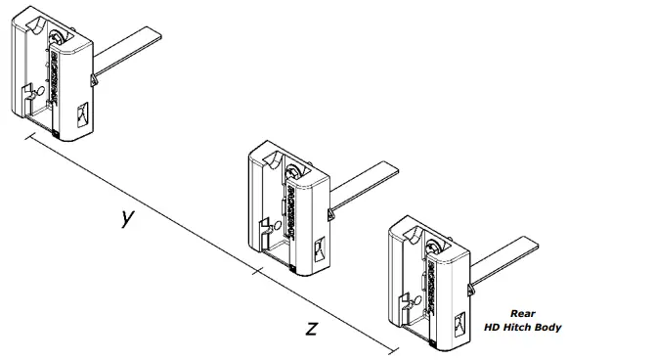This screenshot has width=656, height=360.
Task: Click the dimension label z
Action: pos(311,328)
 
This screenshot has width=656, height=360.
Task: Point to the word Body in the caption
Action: pos(548,328)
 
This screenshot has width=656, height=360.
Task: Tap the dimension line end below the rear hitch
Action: pos(394,351)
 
